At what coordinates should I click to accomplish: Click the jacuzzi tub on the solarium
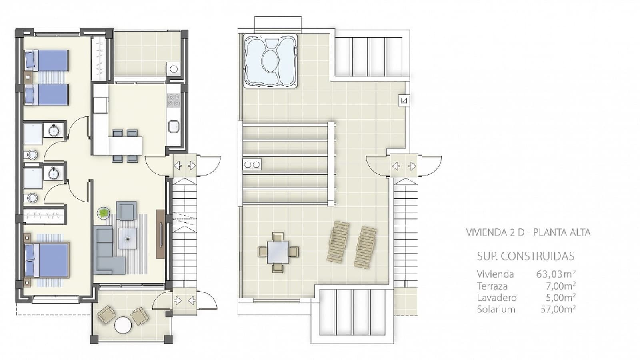pyautogui.click(x=270, y=61)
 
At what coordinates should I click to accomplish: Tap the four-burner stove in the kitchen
pyautogui.click(x=173, y=100)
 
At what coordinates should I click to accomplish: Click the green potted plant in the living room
pyautogui.click(x=104, y=213)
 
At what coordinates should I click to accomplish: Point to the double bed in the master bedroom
pyautogui.click(x=47, y=260)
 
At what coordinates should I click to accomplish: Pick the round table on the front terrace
pyautogui.click(x=123, y=325)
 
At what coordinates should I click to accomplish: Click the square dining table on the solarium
pyautogui.click(x=278, y=252)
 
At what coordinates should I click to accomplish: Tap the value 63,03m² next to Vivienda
pyautogui.click(x=555, y=274)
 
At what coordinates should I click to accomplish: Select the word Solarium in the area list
pyautogui.click(x=496, y=309)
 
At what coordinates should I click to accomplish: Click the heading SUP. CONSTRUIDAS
pyautogui.click(x=525, y=256)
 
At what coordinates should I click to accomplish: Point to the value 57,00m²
pyautogui.click(x=558, y=309)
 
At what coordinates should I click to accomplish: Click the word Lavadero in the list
pyautogui.click(x=496, y=298)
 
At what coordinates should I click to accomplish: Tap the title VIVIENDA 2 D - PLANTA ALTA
pyautogui.click(x=528, y=232)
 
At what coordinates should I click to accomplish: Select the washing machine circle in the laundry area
pyautogui.click(x=174, y=69)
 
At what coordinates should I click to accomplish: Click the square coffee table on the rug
pyautogui.click(x=128, y=238)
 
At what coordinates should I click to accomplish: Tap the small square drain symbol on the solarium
pyautogui.click(x=404, y=100)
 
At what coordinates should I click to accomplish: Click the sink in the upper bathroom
pyautogui.click(x=54, y=130)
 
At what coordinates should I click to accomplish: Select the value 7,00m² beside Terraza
pyautogui.click(x=560, y=286)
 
